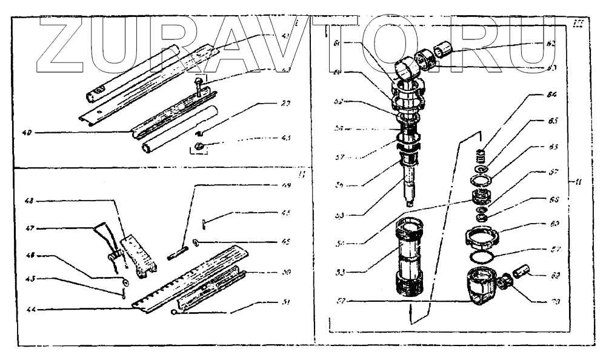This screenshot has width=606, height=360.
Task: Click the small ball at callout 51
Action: [x=174, y=313]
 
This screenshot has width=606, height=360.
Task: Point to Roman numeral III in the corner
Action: [x=576, y=24]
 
